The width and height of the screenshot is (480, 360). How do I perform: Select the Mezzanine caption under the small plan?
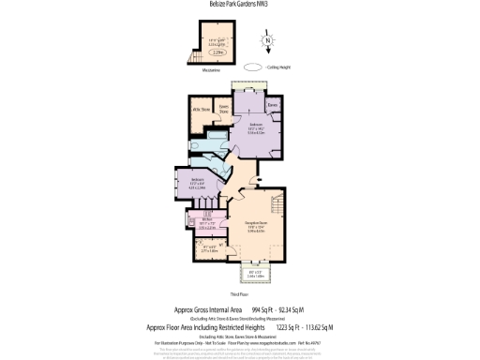212,68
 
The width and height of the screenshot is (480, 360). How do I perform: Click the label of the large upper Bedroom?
255,129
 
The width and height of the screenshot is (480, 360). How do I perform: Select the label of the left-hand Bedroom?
198,183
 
